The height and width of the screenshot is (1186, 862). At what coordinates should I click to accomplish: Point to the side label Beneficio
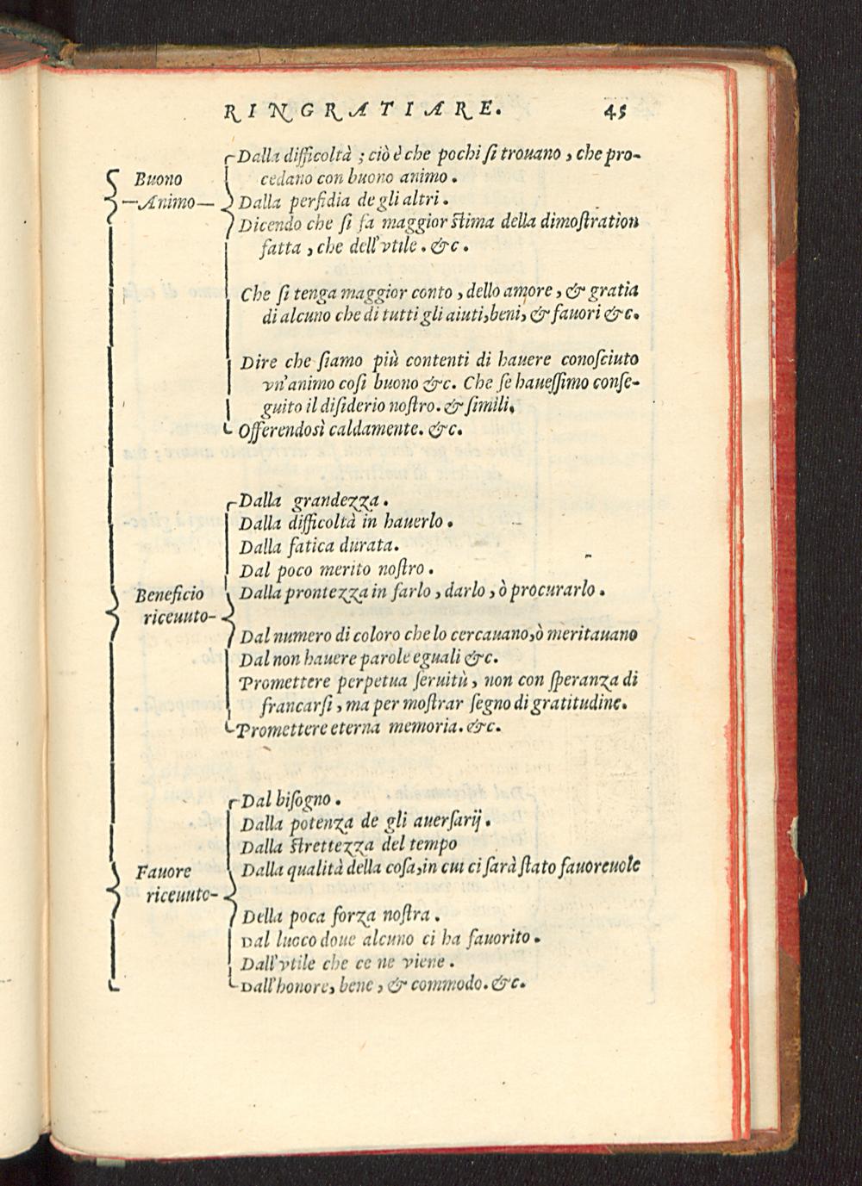point(170,594)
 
